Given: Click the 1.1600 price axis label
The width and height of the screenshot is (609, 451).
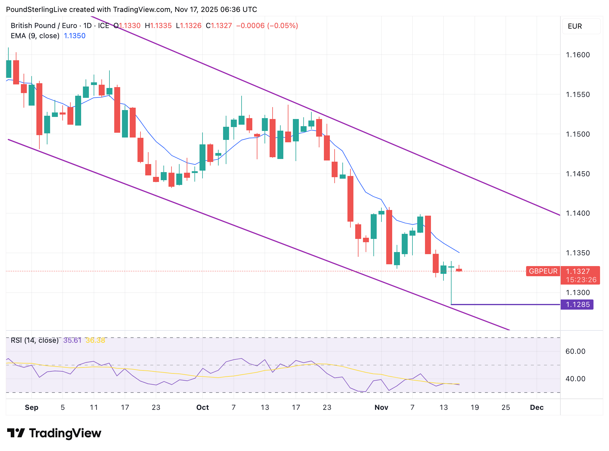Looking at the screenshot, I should (x=578, y=55).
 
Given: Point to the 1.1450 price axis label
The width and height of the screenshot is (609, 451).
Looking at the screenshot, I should (x=578, y=174).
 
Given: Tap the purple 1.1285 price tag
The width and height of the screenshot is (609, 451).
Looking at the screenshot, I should (x=577, y=305).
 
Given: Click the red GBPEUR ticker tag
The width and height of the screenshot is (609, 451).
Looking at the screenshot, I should (x=543, y=271).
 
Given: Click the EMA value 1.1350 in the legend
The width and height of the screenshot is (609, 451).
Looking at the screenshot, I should (x=75, y=36).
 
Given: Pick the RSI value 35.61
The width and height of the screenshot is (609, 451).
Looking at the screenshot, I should (x=72, y=340).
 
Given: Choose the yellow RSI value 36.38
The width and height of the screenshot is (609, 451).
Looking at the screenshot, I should (x=95, y=340).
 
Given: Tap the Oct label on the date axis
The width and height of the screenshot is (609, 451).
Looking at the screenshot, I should (x=203, y=407).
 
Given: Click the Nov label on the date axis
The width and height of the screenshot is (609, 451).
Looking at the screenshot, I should (x=381, y=407).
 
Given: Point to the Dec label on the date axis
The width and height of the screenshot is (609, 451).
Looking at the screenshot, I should (x=537, y=407).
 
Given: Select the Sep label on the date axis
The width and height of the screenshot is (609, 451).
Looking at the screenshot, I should (x=31, y=407).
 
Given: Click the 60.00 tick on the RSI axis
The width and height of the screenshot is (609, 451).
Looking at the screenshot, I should (x=575, y=351).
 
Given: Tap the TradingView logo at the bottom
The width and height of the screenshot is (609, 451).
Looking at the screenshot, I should (x=54, y=433).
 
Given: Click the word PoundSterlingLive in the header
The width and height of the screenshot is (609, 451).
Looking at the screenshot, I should (x=36, y=10).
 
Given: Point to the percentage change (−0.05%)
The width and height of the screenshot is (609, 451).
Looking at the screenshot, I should (x=282, y=26).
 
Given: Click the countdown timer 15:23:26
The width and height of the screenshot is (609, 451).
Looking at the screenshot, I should (x=581, y=280).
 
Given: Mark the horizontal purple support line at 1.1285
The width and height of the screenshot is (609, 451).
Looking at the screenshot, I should (x=507, y=305).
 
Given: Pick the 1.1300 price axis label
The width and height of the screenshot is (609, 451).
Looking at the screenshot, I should (x=578, y=293).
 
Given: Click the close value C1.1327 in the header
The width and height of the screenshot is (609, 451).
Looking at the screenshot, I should (x=219, y=26).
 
